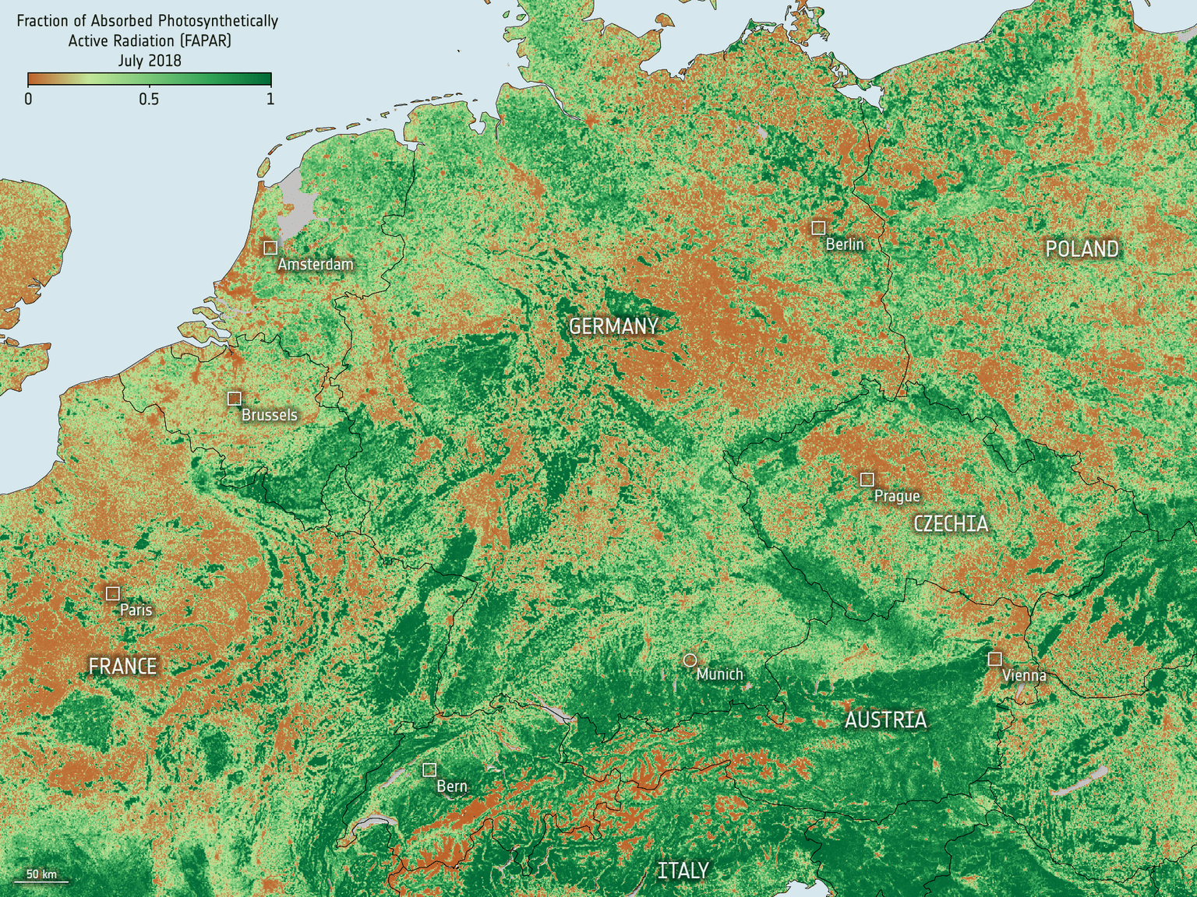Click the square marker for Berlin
818,228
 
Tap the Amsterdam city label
315,265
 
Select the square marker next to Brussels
234,399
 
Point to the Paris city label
136,610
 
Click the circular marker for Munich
690,660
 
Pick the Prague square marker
867,480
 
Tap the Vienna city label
1024,676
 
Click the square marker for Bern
429,769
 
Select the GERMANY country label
613,327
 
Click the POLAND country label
1082,249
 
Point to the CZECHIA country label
951,524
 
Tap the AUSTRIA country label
886,720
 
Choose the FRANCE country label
123,667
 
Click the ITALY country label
683,871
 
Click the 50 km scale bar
47,881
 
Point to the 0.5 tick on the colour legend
149,99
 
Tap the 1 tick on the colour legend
270,99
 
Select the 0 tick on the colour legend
29,99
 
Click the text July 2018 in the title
150,61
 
